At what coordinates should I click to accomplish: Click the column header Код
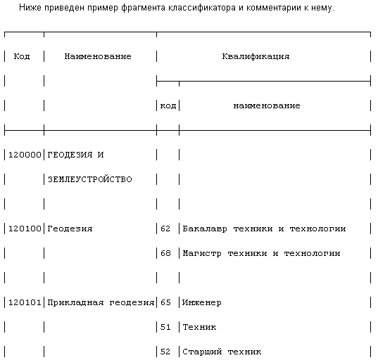22,56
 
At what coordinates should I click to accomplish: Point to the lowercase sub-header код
168,105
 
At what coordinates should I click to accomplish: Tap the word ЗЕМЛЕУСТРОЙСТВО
89,179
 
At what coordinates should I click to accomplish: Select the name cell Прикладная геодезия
101,302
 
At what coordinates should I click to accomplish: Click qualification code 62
165,229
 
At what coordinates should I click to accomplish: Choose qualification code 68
165,253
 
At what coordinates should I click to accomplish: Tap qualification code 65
165,302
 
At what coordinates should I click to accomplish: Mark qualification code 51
165,327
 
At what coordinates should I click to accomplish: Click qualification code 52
165,352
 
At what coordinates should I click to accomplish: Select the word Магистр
201,253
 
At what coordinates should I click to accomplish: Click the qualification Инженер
201,302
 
